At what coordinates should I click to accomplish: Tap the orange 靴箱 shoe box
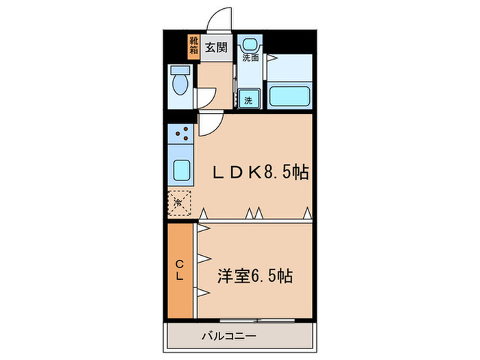[193, 46]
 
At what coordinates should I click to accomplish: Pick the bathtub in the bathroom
[290, 95]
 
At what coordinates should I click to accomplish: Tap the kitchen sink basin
[182, 169]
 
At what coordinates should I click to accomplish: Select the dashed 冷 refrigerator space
[180, 202]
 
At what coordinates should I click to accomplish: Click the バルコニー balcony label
[229, 336]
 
